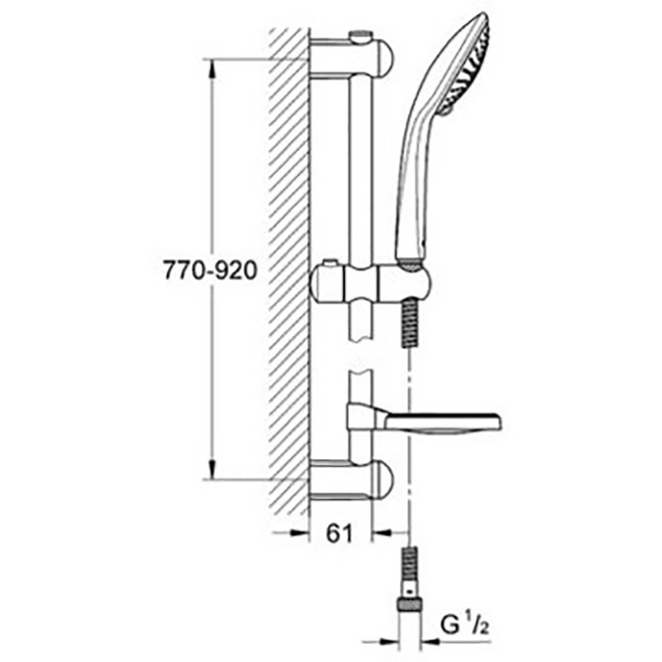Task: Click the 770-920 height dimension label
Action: click(x=210, y=271)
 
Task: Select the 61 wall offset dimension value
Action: click(x=339, y=534)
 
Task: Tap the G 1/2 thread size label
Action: click(x=464, y=625)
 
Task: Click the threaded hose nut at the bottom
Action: click(x=410, y=605)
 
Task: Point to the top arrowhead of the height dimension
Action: click(x=212, y=69)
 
